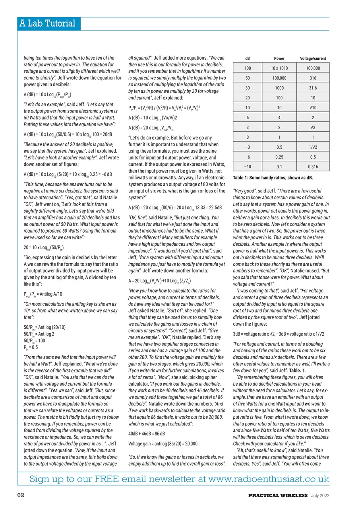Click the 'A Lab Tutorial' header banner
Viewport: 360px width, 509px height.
click(47, 23)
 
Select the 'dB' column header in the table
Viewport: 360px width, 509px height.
click(247, 58)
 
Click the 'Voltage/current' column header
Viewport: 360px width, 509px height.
click(313, 58)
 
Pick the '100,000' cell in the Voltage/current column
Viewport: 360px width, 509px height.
click(313, 68)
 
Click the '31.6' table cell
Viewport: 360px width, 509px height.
click(313, 87)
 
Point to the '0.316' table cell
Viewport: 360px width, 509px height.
click(313, 166)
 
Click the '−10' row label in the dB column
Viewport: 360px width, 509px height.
click(247, 166)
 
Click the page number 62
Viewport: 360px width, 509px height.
click(21, 495)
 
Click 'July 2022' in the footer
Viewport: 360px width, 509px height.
click(320, 495)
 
